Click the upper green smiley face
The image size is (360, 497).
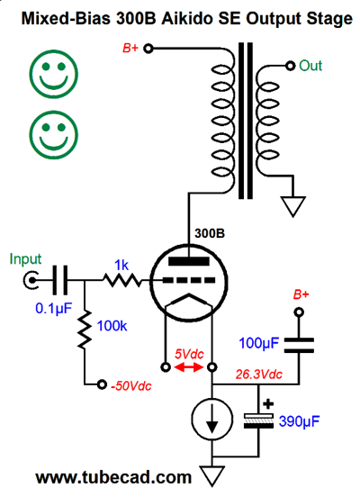click(54, 74)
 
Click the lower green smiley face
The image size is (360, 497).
click(54, 135)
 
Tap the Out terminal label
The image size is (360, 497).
click(310, 66)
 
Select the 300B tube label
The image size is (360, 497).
click(210, 233)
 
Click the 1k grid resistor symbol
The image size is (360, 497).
click(122, 280)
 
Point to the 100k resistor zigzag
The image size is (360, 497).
click(85, 330)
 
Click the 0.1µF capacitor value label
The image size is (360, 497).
click(54, 308)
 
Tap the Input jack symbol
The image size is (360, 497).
click(31, 280)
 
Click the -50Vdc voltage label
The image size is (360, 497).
click(131, 385)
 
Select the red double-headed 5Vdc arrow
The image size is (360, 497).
click(189, 367)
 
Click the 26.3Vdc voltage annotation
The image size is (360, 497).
click(258, 375)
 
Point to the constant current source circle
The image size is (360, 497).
click(212, 419)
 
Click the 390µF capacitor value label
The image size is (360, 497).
click(299, 421)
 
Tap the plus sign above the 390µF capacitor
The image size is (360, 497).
click(268, 403)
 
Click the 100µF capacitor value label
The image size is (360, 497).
click(259, 343)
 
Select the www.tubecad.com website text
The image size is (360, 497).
click(113, 477)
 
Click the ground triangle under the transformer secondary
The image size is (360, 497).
click(292, 207)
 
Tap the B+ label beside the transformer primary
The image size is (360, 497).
click(130, 49)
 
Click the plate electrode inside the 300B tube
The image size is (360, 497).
click(189, 261)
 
